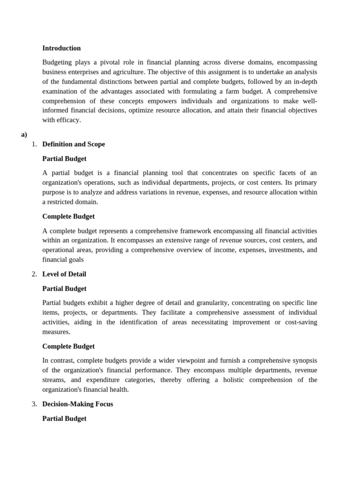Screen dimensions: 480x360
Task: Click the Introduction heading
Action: (61, 48)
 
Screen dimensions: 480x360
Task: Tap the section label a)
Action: (24, 135)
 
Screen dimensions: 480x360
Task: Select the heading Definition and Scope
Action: (74, 144)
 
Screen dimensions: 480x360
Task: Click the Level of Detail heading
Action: (64, 274)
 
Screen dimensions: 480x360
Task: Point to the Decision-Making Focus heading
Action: (77, 404)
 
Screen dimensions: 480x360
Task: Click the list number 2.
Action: (34, 274)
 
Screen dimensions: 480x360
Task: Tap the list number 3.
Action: (34, 404)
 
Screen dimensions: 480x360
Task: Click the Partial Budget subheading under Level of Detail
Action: (64, 289)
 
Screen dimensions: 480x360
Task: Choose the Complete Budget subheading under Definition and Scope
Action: (68, 217)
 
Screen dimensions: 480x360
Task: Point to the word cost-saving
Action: (300, 322)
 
